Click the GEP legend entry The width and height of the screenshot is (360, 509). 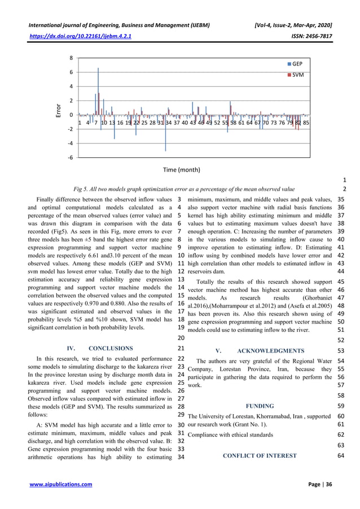(x=297, y=64)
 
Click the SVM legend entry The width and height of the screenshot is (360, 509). (x=297, y=74)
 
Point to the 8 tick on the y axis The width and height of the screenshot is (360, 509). (x=71, y=58)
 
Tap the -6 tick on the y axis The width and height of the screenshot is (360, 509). (x=69, y=157)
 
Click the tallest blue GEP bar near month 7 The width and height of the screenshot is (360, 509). (x=98, y=90)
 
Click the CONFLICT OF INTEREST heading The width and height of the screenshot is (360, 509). (x=259, y=455)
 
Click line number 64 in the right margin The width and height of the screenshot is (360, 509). (x=341, y=455)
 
